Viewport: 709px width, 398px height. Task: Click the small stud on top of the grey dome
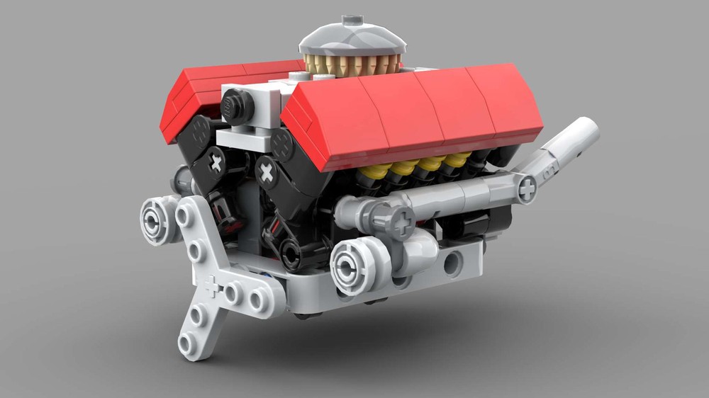pos(351,19)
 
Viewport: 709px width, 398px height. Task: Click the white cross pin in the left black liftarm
pos(215,163)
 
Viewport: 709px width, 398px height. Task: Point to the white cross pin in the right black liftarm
pos(266,171)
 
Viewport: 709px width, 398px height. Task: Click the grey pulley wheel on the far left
pos(157,219)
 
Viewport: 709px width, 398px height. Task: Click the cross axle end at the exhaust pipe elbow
pos(527,188)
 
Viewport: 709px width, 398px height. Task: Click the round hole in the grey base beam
pos(451,263)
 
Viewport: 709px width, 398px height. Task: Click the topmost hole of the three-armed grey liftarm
pos(185,212)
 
